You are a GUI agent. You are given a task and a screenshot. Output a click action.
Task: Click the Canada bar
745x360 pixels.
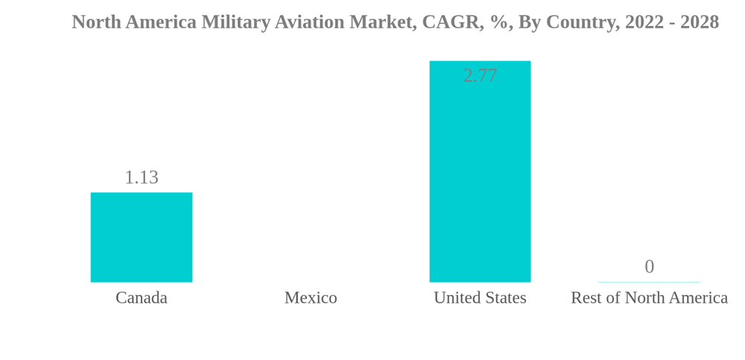coord(142,237)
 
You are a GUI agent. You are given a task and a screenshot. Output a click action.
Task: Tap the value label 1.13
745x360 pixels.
coord(142,177)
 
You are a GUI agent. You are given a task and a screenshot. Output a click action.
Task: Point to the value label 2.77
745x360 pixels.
coord(480,75)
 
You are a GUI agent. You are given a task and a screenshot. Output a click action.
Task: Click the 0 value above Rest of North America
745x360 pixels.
coord(649,266)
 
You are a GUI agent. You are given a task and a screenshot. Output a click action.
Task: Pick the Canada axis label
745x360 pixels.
coord(142,297)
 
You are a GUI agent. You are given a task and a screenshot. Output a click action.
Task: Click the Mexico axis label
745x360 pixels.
coord(311,297)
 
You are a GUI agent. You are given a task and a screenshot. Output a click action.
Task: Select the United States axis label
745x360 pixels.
coord(480,297)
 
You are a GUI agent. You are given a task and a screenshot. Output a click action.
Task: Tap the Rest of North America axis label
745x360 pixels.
coord(649,297)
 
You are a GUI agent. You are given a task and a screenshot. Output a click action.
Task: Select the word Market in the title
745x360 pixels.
coord(383,22)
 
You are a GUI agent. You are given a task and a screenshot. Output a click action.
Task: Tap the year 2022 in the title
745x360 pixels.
coord(644,22)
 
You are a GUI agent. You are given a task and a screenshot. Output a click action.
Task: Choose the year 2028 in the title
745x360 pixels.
coord(700,22)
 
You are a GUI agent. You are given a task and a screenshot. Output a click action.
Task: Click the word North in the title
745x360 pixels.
coord(96,22)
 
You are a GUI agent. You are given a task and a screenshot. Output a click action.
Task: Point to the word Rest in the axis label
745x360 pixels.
coord(586,297)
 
